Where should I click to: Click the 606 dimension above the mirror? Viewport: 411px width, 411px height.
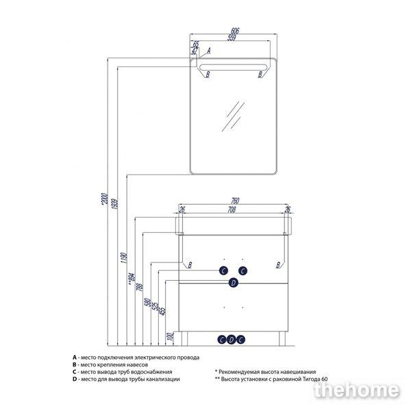click(234, 32)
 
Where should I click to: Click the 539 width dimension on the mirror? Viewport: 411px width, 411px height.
click(235, 38)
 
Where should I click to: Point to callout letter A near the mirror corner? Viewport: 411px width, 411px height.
click(208, 51)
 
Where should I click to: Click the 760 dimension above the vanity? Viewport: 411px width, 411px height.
click(234, 201)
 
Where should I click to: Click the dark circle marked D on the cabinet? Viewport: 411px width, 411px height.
click(233, 282)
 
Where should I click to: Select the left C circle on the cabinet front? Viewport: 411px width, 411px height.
click(223, 270)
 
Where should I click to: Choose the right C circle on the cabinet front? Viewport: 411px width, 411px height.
click(242, 270)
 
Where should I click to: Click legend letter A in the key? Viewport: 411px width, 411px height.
click(73, 358)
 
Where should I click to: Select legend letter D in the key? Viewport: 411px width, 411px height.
click(73, 379)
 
